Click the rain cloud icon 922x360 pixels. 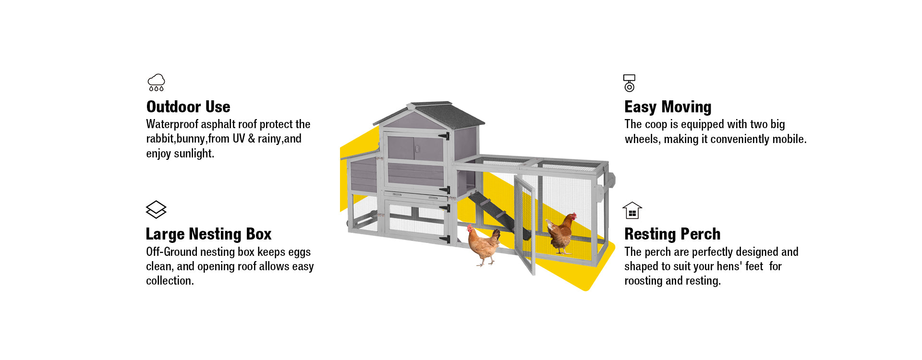coord(156,82)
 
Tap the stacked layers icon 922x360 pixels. coord(156,209)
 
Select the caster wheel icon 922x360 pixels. coord(629,83)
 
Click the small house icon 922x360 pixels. coord(632,210)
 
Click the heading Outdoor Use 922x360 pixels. coord(188,107)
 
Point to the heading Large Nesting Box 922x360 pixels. coord(208,234)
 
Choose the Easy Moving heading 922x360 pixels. coord(667,107)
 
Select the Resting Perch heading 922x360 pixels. coord(672,234)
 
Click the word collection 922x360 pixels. coord(169,281)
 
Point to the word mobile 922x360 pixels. coord(789,139)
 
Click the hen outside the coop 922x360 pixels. coord(484,245)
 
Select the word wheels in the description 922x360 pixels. coord(641,139)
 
